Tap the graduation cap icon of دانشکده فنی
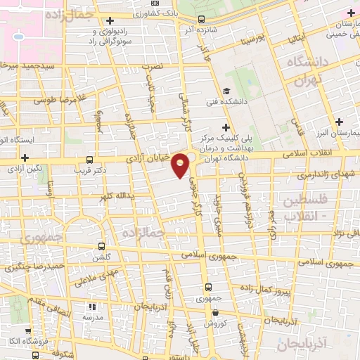(x=226, y=91)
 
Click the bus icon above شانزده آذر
(x=202, y=20)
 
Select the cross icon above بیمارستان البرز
(x=340, y=121)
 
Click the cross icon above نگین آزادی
(x=25, y=157)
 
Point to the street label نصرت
(x=152, y=65)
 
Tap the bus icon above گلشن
(x=102, y=247)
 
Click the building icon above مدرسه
(x=91, y=307)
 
